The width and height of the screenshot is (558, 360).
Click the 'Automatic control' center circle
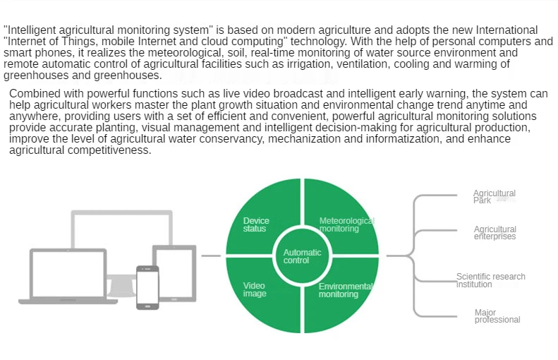(302, 256)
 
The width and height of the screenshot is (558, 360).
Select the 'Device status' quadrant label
(255, 224)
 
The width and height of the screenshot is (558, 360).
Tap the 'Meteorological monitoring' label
(346, 224)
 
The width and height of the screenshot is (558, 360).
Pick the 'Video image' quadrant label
(255, 289)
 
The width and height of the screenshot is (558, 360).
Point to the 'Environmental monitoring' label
(346, 290)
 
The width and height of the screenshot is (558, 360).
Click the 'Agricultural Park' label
(494, 196)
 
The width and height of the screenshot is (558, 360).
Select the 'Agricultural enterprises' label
(495, 233)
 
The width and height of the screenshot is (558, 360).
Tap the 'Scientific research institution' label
(490, 280)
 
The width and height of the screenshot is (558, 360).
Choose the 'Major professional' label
(497, 316)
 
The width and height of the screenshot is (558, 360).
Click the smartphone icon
(147, 287)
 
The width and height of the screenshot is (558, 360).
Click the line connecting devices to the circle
(211, 256)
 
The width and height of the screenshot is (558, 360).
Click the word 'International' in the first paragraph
(506, 30)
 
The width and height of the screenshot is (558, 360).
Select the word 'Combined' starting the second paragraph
(33, 94)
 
